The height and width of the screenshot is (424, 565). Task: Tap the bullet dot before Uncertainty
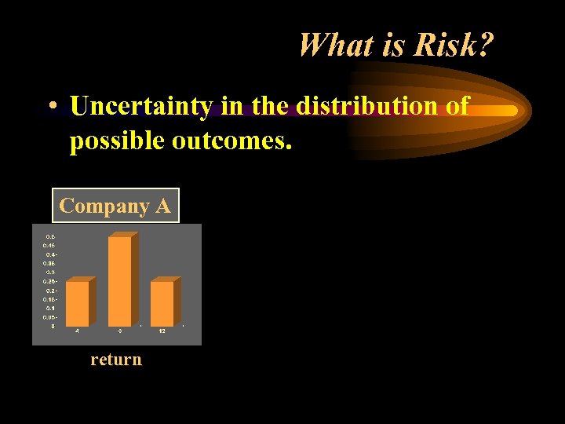(x=50, y=106)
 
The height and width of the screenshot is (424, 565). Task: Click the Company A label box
(x=115, y=206)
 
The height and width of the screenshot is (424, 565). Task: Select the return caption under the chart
(x=116, y=360)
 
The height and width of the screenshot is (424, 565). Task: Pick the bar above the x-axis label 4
(x=77, y=303)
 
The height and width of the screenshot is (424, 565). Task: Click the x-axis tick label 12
(x=162, y=331)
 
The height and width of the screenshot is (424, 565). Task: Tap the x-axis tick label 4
(x=77, y=331)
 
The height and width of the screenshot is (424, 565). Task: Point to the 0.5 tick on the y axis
(x=49, y=236)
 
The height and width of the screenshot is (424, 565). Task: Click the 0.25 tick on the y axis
(x=49, y=281)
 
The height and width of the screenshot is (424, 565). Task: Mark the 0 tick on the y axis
(x=53, y=326)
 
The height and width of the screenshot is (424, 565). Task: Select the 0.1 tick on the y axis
(x=49, y=308)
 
